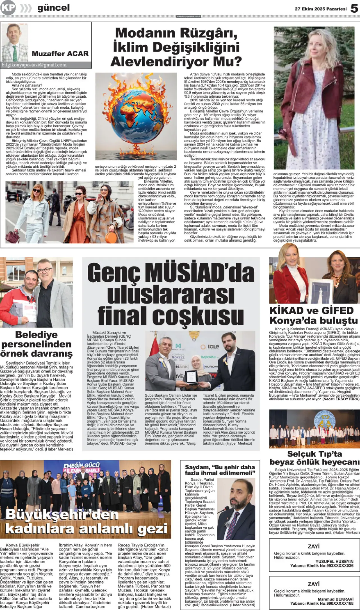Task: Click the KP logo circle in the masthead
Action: (8, 8)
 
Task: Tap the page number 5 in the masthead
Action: (354, 8)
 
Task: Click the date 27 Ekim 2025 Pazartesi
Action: (320, 9)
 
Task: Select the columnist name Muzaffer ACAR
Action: (60, 53)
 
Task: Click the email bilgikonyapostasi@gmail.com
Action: (34, 65)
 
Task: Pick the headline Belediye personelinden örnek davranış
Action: (36, 344)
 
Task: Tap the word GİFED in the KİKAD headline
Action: (337, 311)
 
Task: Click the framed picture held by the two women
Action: (321, 291)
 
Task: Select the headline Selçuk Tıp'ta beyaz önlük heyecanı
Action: (314, 458)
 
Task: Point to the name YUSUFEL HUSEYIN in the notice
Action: (334, 561)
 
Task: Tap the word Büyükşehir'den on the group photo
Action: (62, 514)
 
